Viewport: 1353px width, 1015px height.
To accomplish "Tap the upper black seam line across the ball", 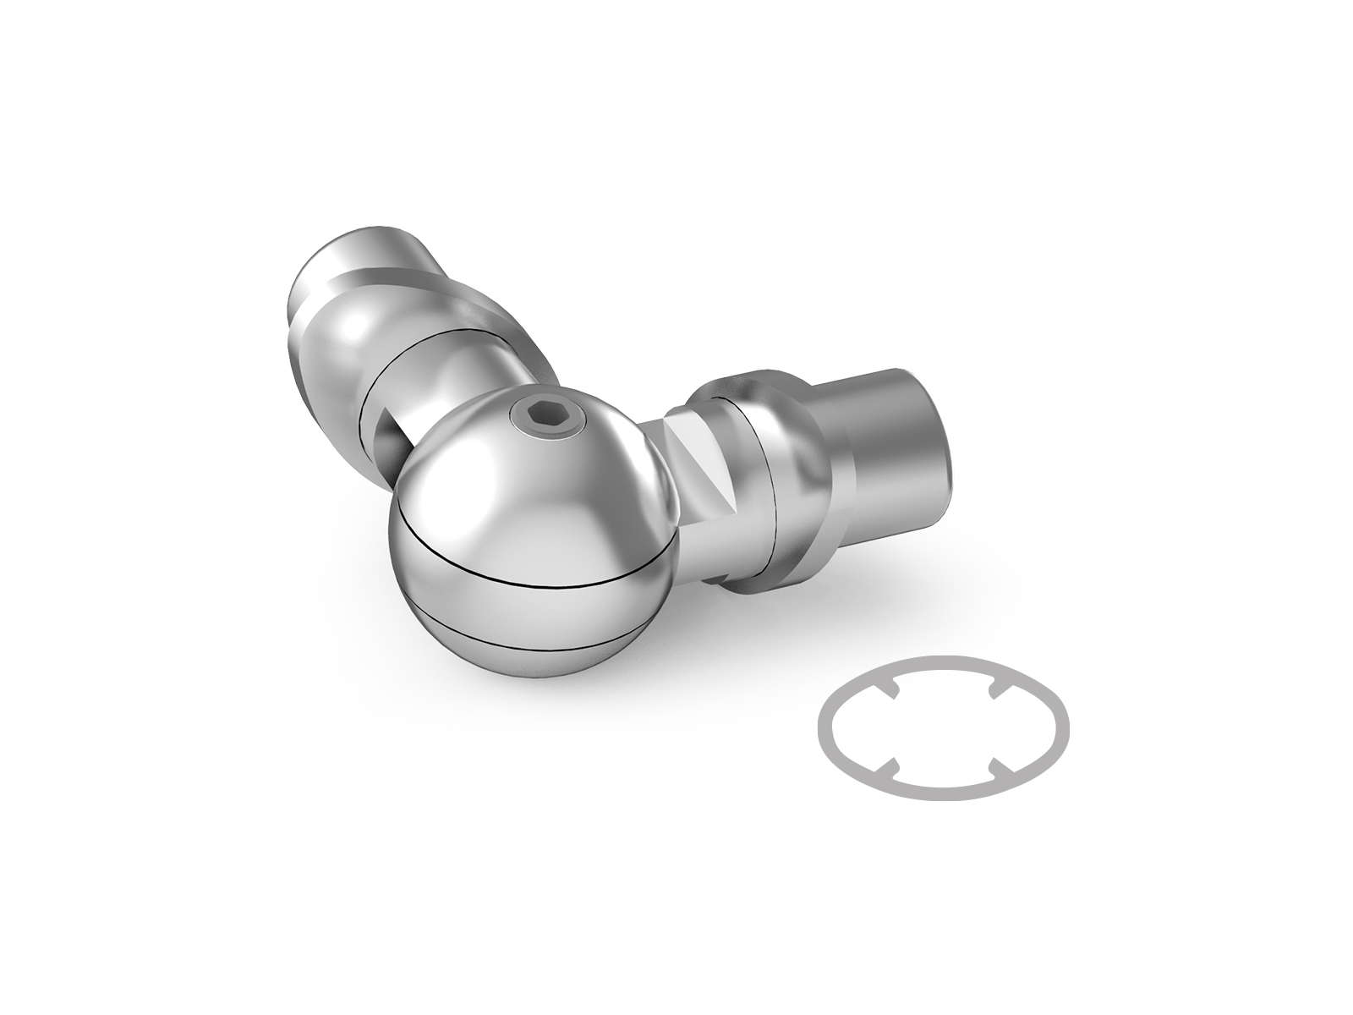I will (x=541, y=582).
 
